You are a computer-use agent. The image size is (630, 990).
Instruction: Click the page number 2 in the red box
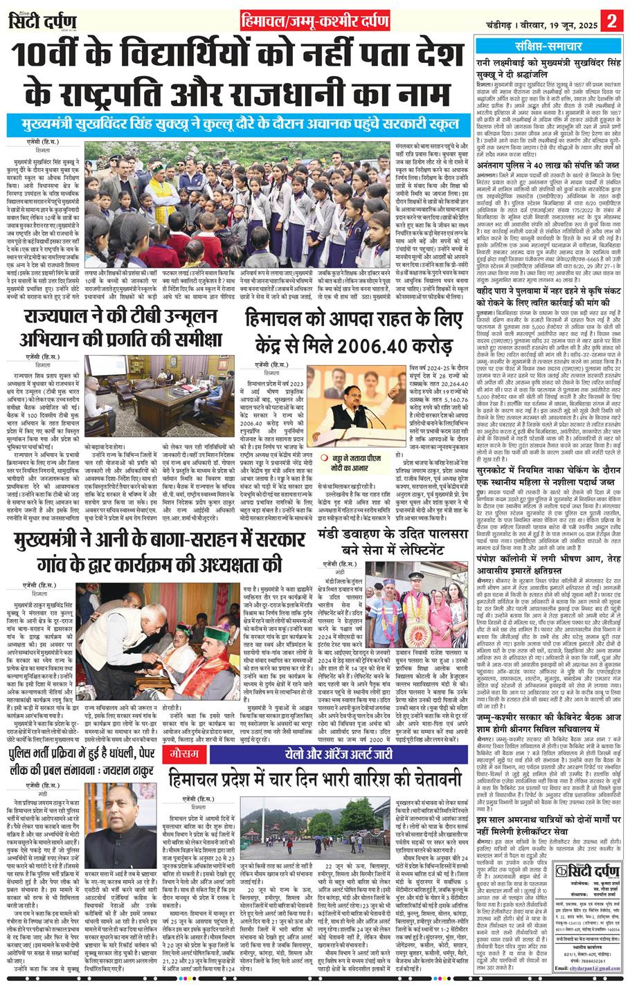click(612, 20)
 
